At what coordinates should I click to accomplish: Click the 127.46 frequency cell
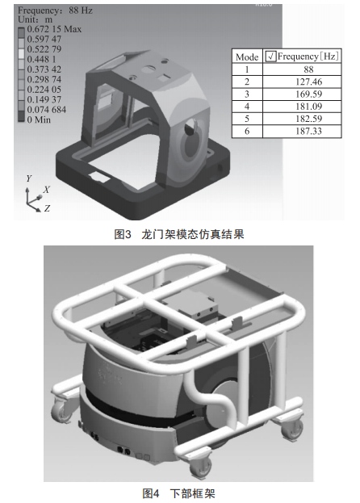308,82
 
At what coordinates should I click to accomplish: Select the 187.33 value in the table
308,131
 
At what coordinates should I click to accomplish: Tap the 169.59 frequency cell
308,94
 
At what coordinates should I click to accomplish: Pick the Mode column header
247,57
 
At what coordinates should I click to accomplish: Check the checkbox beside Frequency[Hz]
271,57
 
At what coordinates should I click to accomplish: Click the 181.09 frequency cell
308,107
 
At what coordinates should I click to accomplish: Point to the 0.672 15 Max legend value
54,29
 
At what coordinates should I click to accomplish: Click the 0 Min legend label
39,119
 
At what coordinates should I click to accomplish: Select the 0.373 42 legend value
44,69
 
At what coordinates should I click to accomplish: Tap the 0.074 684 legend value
47,110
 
